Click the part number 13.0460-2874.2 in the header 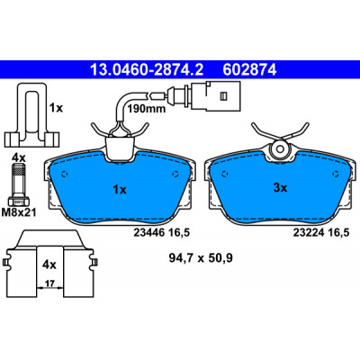[147, 70]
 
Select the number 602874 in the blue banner [249, 70]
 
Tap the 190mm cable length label [147, 109]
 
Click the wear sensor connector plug [214, 95]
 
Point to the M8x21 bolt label [19, 212]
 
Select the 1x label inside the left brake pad [120, 190]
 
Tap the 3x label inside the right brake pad [280, 188]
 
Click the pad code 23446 [148, 232]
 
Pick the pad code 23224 [309, 232]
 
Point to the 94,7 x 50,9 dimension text [201, 258]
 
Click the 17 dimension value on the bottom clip [50, 283]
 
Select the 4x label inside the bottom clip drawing [49, 265]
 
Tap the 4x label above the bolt [19, 157]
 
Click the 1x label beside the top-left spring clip [56, 108]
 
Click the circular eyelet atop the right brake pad [280, 148]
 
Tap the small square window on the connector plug [223, 95]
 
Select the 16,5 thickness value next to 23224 [338, 232]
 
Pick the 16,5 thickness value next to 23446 [179, 232]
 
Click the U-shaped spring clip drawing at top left [31, 114]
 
